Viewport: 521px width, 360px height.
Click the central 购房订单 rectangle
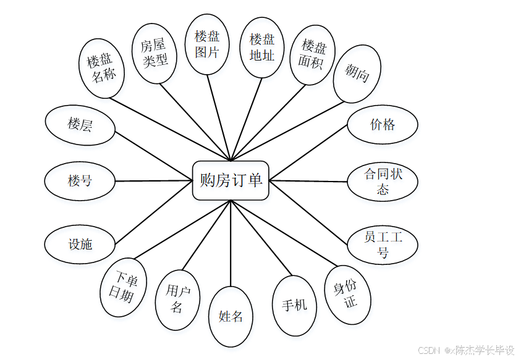pos(231,180)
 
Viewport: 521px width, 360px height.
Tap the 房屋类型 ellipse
pos(155,53)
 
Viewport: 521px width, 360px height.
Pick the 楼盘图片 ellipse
pos(207,44)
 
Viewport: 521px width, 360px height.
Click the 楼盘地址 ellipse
pos(262,47)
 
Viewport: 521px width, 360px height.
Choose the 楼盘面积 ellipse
pos(312,54)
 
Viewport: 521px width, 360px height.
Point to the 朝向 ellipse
pos(357,74)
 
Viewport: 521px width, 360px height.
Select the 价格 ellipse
pos(382,125)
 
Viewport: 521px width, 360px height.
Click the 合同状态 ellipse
pos(382,182)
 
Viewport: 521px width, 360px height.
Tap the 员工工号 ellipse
pos(382,245)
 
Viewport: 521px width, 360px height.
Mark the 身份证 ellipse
pos(348,294)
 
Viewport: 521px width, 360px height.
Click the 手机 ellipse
pos(294,305)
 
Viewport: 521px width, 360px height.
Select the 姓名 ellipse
pos(231,317)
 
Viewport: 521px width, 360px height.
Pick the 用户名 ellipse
pos(177,299)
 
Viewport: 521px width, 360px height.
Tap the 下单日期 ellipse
pos(125,287)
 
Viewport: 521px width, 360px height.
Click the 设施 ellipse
pos(80,245)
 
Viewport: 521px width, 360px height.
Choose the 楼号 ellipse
pos(80,181)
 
